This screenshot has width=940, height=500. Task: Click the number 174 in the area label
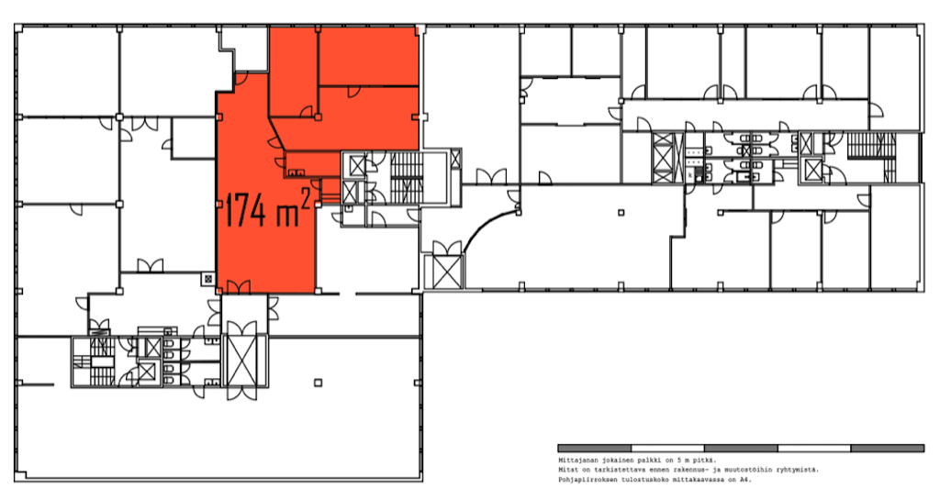244,209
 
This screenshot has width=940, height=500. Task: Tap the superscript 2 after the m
305,199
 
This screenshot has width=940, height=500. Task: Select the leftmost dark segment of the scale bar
594,448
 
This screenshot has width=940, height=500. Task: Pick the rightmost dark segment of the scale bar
888,448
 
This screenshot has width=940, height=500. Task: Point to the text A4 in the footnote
747,480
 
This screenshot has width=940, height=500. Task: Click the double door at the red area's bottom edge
239,287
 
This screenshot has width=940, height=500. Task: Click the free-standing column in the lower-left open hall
319,383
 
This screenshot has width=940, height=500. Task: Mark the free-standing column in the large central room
621,212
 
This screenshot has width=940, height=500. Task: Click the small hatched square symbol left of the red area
207,278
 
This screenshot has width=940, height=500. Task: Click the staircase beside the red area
407,177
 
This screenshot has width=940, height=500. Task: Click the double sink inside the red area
296,173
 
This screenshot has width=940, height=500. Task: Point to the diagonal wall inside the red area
280,135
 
